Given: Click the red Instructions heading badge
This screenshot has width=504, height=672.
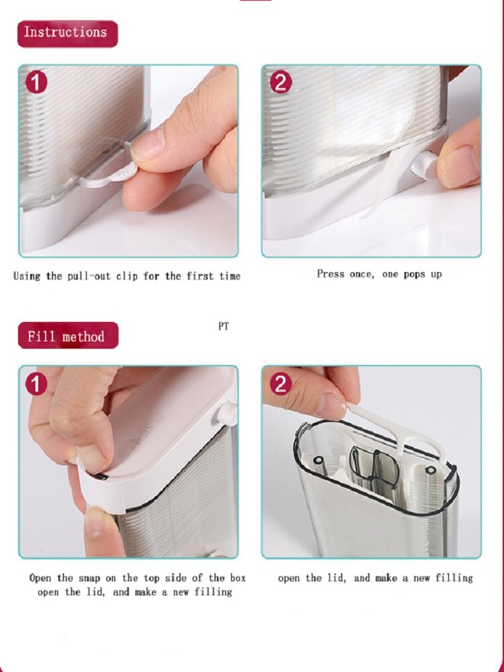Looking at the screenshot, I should tap(67, 33).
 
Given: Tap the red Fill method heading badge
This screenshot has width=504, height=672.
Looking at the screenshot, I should tap(68, 335).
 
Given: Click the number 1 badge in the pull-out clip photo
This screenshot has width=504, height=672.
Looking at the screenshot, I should tap(37, 83).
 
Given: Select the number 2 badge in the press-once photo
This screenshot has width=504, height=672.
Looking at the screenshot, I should tap(281, 83).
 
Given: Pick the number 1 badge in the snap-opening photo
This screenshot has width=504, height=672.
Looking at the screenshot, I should tap(37, 384).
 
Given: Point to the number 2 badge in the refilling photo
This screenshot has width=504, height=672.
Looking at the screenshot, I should tap(281, 384).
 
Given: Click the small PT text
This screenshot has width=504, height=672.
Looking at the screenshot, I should tap(223, 327).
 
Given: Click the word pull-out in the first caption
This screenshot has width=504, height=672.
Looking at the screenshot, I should tap(91, 276).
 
